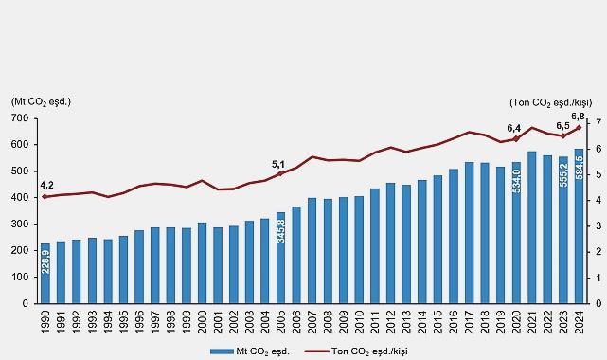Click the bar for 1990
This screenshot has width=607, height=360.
click(45, 273)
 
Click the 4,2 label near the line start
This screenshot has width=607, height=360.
click(46, 186)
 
